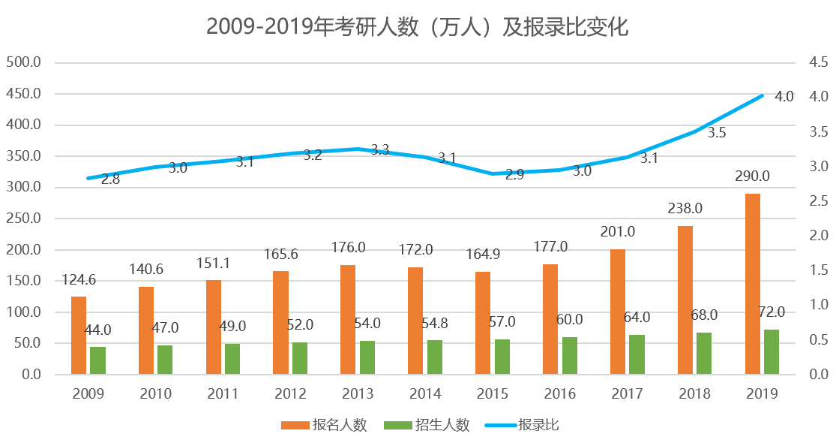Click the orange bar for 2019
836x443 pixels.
pos(753,284)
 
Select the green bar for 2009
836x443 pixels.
pos(97,360)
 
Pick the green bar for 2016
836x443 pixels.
pos(570,355)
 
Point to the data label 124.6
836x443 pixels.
pos(79,280)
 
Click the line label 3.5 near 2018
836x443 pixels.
pos(717,133)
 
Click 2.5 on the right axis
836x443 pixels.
pos(818,200)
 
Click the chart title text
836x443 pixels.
pos(417,27)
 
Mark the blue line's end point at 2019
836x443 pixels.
pos(763,95)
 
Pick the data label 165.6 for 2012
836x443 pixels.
pos(282,255)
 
